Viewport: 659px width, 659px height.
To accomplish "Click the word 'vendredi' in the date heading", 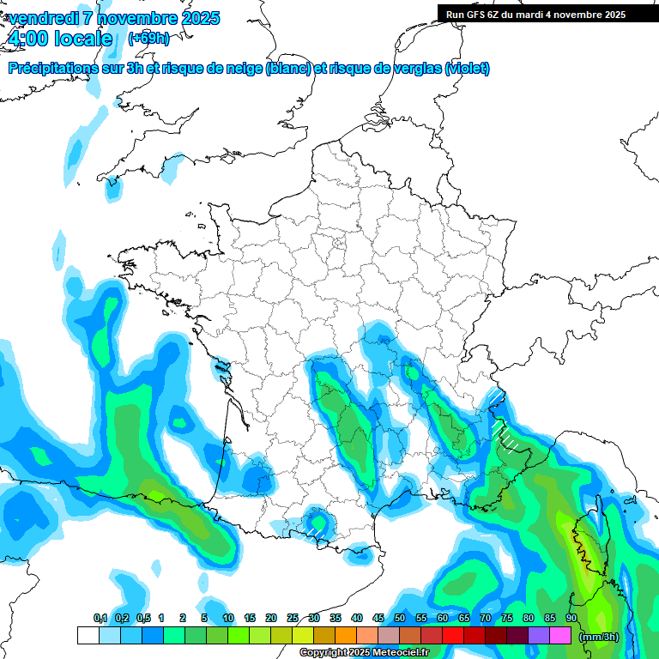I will pos(44,18).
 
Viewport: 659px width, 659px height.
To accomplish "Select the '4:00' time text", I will pos(27,39).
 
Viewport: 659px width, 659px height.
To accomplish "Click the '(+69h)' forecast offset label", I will pos(148,39).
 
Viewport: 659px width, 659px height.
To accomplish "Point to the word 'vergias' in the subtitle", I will pos(415,69).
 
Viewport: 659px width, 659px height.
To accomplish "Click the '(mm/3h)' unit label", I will pos(599,637).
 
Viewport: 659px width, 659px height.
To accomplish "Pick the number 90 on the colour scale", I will pos(571,618).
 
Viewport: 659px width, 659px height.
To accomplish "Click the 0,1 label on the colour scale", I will pos(100,618).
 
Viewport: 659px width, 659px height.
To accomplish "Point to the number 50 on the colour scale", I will pos(400,618).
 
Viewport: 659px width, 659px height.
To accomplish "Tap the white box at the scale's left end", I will pos(88,636).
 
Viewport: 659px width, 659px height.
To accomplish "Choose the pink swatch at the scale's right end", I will pos(560,636).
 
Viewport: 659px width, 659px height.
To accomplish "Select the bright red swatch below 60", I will pos(453,636).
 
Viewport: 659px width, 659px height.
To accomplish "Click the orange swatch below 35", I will pos(346,636).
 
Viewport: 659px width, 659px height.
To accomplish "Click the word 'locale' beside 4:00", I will pos(82,39).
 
